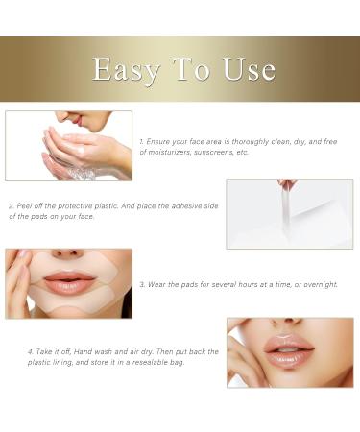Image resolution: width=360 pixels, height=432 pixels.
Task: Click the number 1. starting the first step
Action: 141,141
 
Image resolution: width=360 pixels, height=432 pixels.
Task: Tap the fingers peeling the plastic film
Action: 287,184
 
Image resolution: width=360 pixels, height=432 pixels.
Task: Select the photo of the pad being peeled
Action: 289,213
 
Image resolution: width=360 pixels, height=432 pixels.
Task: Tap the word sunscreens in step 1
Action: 221,152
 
